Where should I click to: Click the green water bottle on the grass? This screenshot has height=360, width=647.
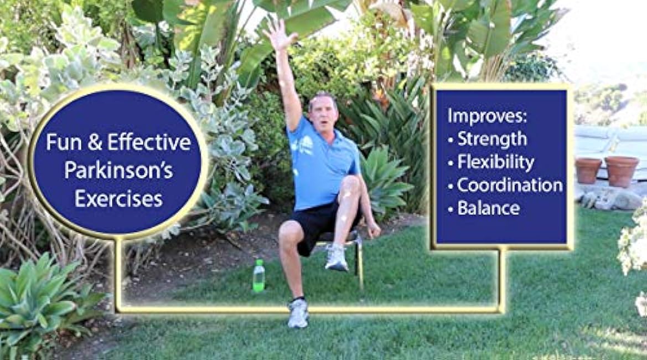(258, 276)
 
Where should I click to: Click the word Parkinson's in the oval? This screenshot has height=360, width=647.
(118, 170)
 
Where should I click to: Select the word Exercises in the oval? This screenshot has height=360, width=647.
(118, 198)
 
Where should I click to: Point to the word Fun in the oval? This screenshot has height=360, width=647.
(60, 142)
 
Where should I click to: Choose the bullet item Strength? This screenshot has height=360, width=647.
(492, 139)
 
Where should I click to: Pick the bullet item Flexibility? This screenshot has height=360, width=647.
(496, 162)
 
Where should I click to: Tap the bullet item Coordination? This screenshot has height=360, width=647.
(509, 185)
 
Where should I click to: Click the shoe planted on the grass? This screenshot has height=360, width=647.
(298, 313)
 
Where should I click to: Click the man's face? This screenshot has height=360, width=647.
(323, 112)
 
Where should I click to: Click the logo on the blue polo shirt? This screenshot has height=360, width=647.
(304, 145)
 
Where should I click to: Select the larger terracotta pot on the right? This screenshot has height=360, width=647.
(622, 171)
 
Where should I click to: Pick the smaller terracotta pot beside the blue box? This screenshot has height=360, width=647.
(588, 170)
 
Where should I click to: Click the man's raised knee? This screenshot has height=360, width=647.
(351, 186)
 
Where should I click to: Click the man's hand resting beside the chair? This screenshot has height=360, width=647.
(374, 229)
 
